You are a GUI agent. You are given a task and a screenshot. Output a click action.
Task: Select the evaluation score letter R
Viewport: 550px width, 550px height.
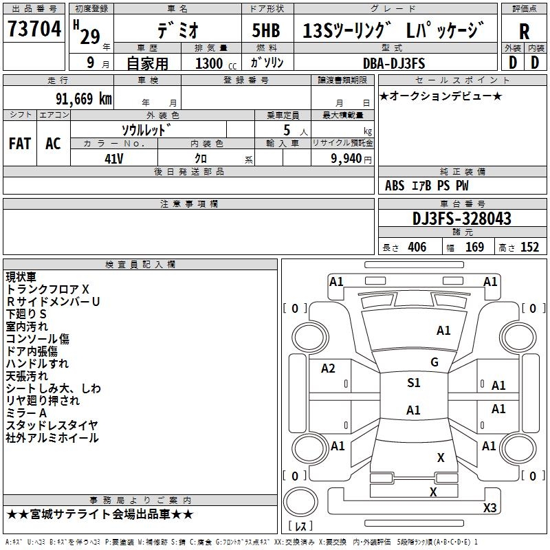point(524,32)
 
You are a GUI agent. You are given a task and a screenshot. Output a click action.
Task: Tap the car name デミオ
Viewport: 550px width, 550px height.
point(177,30)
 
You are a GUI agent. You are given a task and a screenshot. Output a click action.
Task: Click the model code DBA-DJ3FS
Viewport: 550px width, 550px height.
point(394,63)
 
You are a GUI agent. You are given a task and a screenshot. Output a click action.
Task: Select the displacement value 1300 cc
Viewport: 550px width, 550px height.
point(215,63)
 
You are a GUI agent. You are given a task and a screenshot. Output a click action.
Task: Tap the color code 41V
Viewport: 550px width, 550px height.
point(113,157)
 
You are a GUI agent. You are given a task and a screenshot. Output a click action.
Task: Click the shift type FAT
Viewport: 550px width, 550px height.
point(19,144)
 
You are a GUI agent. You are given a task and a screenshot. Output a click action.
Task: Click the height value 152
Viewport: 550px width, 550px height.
point(529,247)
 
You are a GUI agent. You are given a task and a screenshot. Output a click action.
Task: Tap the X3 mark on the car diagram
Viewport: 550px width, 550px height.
point(490,507)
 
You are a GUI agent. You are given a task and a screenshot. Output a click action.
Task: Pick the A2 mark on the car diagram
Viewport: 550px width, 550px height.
point(328,368)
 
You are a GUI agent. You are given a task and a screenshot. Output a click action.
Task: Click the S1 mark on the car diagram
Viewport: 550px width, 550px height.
point(413,383)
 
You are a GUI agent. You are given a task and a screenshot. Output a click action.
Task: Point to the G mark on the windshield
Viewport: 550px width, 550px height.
point(434,362)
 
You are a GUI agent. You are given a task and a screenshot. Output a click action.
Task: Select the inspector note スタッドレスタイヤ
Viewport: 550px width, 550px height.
point(52,426)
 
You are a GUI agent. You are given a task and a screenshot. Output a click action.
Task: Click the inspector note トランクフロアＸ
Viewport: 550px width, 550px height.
point(48,289)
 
